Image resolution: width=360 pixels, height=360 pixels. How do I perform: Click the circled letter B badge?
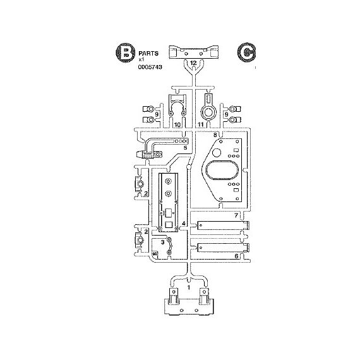[124, 53]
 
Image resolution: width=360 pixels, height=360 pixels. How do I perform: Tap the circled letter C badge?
[246, 53]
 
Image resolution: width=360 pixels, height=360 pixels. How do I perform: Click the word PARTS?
[148, 54]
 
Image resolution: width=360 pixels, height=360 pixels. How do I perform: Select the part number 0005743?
[150, 67]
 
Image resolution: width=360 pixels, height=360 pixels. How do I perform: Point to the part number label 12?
[193, 63]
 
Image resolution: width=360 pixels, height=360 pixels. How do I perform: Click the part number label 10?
[177, 124]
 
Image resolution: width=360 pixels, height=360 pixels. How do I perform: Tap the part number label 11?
[201, 124]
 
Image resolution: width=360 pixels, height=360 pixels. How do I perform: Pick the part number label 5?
[185, 148]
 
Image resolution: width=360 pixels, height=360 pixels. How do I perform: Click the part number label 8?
[215, 135]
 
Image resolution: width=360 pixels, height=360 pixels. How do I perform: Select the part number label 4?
[184, 224]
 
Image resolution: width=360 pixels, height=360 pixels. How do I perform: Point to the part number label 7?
[236, 215]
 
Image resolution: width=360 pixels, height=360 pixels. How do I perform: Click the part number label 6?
[236, 256]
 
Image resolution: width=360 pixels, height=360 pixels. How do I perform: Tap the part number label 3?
[162, 242]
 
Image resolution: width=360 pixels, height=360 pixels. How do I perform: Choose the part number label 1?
[189, 287]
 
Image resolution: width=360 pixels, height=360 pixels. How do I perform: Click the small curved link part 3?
[171, 246]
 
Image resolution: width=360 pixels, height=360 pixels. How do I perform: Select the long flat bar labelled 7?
[224, 225]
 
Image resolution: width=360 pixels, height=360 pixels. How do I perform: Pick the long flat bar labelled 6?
[224, 248]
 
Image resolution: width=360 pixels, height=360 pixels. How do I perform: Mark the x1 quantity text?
[141, 59]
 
